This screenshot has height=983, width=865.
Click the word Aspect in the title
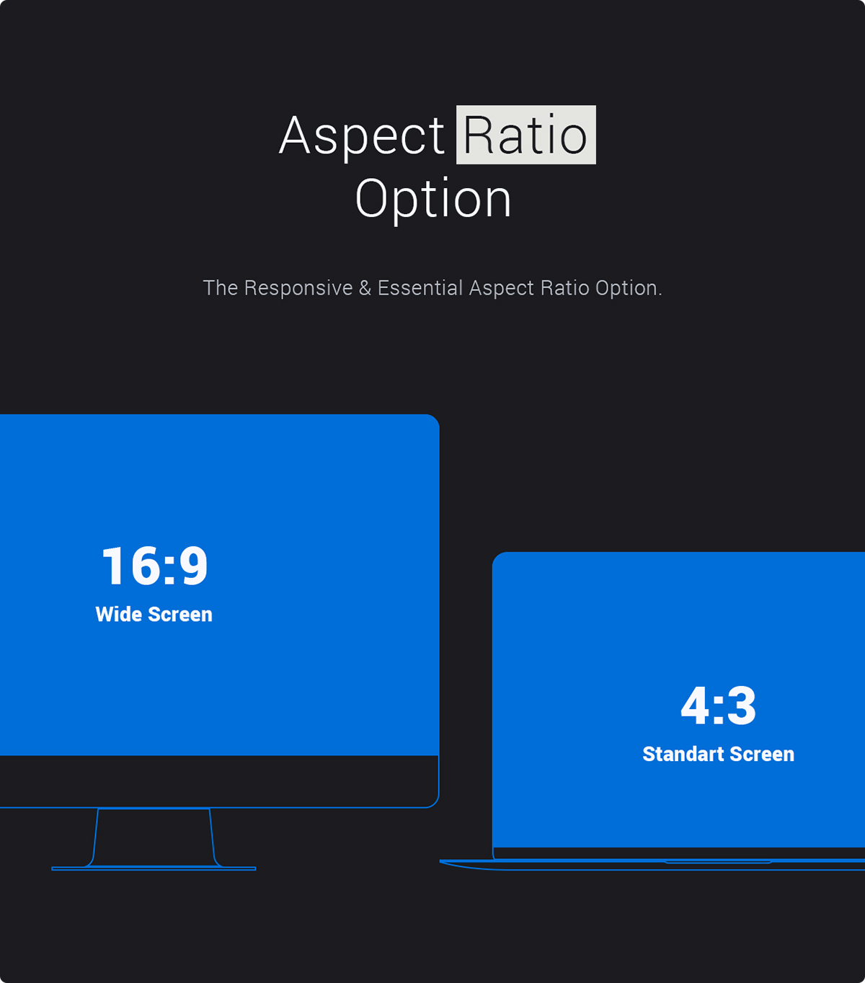tap(362, 135)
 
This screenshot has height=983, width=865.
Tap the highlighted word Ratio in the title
tap(525, 135)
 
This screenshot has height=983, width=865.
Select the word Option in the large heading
tap(433, 199)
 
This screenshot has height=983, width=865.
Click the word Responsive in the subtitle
tap(298, 288)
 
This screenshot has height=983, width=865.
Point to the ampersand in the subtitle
tap(365, 288)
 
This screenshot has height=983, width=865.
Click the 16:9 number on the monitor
tap(154, 566)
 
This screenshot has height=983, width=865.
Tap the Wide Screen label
tap(154, 614)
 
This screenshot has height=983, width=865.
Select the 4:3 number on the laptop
tap(718, 706)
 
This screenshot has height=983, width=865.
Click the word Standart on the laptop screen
tap(683, 754)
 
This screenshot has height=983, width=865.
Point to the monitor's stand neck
tap(154, 836)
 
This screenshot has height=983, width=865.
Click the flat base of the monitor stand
tap(154, 868)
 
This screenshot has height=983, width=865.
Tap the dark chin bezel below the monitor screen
tap(216, 781)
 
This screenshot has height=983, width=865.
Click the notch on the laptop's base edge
tap(717, 861)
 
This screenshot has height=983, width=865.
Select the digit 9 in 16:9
tap(193, 566)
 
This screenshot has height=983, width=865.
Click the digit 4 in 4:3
tap(695, 706)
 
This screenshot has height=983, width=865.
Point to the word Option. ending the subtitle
tap(628, 288)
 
